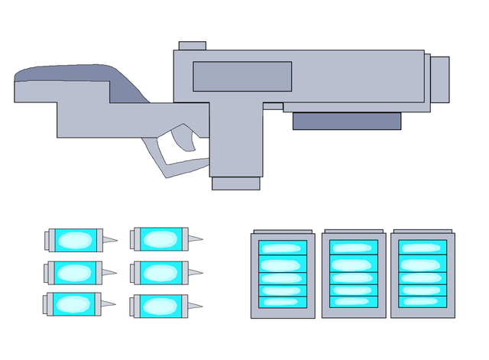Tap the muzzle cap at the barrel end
[x=439, y=78]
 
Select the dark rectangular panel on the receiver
[x=242, y=76]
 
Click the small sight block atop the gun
[x=192, y=46]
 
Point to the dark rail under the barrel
[x=347, y=121]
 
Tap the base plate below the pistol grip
[x=235, y=183]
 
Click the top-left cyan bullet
[x=75, y=240]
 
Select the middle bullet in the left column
[x=75, y=272]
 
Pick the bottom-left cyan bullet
[x=75, y=304]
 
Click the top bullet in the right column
[x=160, y=239]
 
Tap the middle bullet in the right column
[x=160, y=272]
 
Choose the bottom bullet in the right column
[x=160, y=306]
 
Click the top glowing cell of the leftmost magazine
[x=283, y=248]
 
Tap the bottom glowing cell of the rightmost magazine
[x=423, y=301]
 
